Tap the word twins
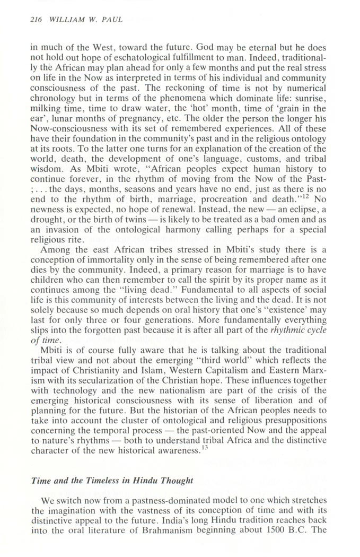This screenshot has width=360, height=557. click(143, 233)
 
